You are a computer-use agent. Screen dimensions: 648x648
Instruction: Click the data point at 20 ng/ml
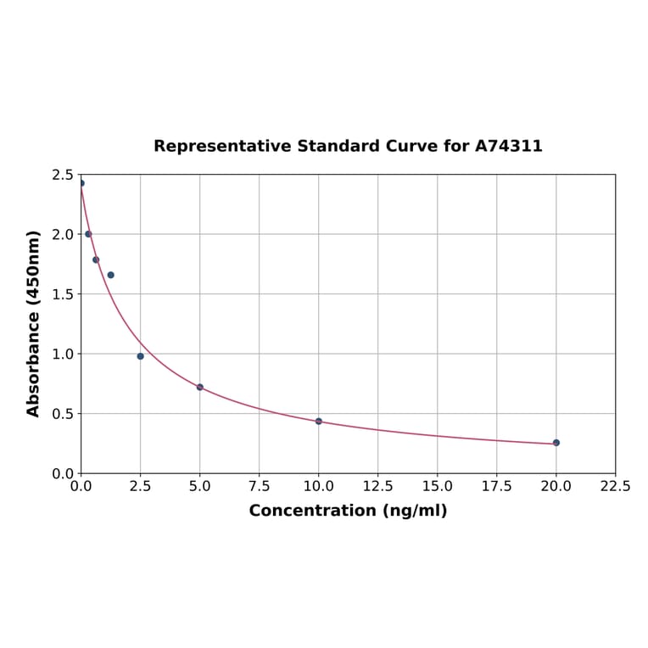tap(556, 443)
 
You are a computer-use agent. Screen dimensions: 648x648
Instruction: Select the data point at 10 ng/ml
tap(319, 422)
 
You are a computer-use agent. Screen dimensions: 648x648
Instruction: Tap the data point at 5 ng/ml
tap(200, 387)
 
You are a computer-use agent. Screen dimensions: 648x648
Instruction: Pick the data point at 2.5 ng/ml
tap(141, 356)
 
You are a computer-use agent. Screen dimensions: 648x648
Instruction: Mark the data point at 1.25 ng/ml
tap(110, 275)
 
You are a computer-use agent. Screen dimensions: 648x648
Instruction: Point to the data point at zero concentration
tap(81, 183)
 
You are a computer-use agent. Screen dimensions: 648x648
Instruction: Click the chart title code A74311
tap(508, 147)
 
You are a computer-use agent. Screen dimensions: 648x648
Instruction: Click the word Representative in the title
tap(223, 147)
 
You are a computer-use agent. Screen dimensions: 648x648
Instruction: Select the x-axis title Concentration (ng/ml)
tap(348, 511)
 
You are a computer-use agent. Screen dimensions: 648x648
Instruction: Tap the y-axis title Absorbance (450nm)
tap(34, 323)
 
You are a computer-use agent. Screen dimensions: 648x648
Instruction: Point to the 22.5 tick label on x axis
tap(615, 487)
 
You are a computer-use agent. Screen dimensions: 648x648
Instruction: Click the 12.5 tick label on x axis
tap(377, 487)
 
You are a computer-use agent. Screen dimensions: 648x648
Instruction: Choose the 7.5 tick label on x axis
tap(260, 487)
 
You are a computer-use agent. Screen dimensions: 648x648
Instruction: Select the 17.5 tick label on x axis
tap(496, 487)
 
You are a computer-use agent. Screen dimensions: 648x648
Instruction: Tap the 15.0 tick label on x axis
tap(437, 487)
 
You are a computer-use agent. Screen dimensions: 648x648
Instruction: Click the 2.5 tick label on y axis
tap(63, 175)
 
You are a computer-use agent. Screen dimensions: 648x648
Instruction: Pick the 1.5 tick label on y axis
tap(63, 294)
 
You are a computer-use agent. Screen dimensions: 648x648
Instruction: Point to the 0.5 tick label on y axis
tap(63, 414)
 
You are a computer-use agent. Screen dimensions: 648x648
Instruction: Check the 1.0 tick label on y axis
tap(63, 354)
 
